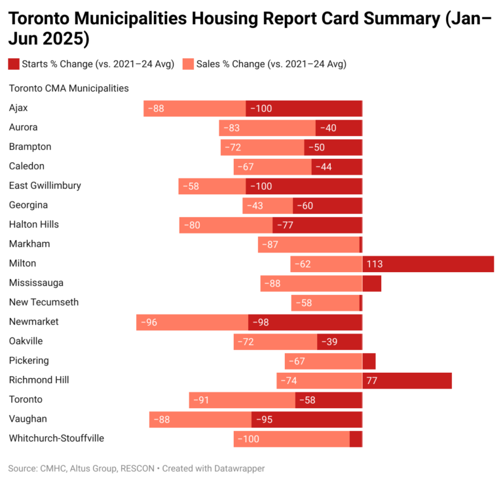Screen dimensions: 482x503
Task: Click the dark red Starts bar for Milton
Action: coord(428,264)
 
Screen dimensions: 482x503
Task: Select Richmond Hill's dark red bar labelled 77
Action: coord(407,381)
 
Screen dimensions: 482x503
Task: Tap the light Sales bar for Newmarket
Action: coord(193,322)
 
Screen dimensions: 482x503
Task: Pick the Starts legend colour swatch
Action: coord(14,63)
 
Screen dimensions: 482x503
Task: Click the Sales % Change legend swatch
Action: coord(188,63)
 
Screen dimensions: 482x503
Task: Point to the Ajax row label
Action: coord(18,108)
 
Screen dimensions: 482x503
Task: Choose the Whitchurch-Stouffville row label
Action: coord(56,438)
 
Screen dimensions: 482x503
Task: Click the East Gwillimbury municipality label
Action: coord(45,186)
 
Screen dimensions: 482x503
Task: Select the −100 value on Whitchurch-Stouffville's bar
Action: coord(249,439)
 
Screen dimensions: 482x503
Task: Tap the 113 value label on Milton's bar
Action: coord(375,264)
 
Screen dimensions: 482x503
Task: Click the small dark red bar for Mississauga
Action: coord(371,283)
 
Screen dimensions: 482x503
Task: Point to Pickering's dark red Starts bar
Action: coord(369,361)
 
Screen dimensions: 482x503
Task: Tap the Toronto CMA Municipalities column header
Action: coord(68,88)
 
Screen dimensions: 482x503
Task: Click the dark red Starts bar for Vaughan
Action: coord(307,419)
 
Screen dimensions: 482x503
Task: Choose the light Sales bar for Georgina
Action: coord(267,205)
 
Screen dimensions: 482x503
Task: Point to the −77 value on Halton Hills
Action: coord(285,225)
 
